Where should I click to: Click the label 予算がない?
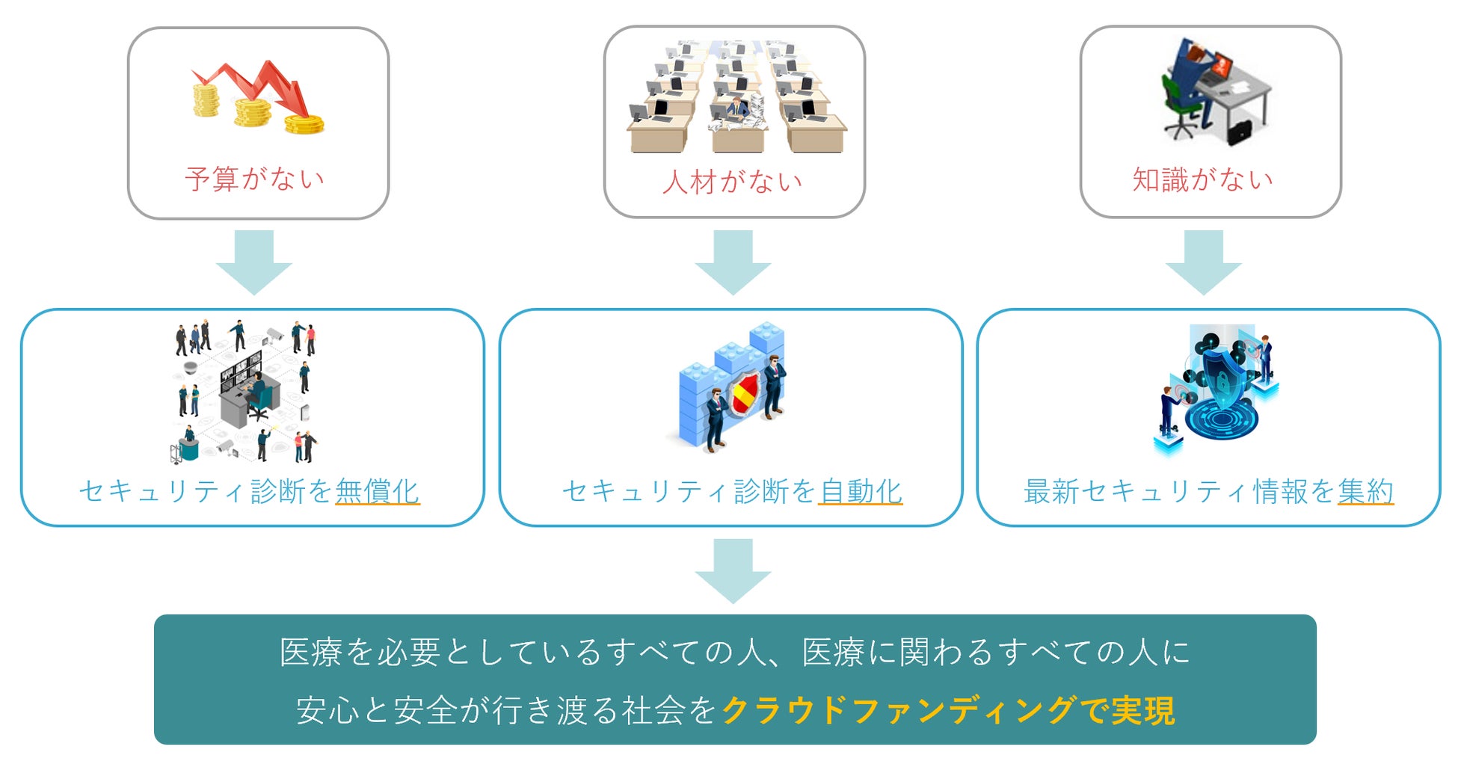coord(255,179)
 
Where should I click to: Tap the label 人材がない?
coord(732,182)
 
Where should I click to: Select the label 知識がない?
coord(1202,179)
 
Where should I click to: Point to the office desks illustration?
coord(736,97)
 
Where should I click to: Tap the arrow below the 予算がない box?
coord(254,262)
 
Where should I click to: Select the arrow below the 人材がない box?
coord(733,262)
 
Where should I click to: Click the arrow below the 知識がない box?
coord(1203,262)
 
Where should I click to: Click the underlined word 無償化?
coord(377,491)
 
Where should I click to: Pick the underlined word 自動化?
coord(861,491)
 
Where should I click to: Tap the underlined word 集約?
coord(1365,491)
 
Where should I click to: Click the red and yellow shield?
coord(745,394)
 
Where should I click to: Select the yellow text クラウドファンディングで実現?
coord(948,710)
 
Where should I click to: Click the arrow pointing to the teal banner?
coord(733,570)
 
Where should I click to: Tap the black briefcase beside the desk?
coord(1240,132)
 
